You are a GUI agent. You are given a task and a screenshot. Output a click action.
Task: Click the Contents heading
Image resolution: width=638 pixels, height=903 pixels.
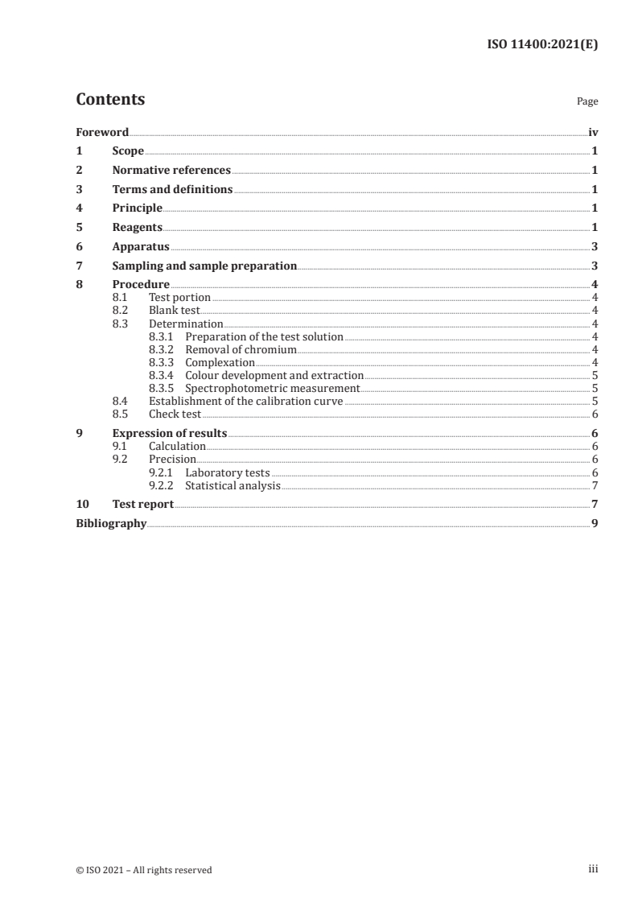[110, 100]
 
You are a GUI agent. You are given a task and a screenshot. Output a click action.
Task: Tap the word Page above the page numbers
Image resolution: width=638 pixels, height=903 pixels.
[587, 102]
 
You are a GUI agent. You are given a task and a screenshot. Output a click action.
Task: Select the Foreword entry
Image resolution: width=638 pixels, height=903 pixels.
[102, 132]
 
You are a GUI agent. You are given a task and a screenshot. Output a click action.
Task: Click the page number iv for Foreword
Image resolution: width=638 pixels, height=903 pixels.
[593, 132]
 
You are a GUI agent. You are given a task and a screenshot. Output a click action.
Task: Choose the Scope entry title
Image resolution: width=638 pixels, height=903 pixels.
[128, 151]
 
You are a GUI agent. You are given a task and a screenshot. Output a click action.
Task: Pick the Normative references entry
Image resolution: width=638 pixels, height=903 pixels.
[171, 171]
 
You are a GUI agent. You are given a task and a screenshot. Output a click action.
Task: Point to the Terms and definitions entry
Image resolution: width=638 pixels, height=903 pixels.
[172, 190]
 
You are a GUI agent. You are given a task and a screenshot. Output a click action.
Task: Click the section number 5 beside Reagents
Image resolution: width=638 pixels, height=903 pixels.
[79, 228]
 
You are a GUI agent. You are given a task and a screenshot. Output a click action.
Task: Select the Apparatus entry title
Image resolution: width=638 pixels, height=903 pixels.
[141, 247]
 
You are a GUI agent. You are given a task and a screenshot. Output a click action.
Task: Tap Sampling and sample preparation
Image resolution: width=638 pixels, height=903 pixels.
[204, 266]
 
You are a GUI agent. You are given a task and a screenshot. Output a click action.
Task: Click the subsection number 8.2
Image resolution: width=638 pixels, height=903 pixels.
[121, 311]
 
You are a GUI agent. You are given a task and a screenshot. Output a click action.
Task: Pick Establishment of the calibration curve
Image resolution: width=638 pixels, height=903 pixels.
[246, 402]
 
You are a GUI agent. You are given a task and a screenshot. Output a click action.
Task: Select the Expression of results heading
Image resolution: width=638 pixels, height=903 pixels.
[170, 434]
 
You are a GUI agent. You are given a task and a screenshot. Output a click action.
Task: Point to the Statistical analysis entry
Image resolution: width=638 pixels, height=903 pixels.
[233, 485]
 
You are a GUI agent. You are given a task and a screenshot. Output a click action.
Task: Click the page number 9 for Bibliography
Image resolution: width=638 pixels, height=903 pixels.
[595, 524]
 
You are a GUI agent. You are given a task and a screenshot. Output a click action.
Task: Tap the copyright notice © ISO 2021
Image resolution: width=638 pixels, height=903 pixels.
[144, 869]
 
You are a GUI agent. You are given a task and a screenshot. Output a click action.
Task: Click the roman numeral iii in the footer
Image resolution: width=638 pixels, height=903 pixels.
[593, 869]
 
